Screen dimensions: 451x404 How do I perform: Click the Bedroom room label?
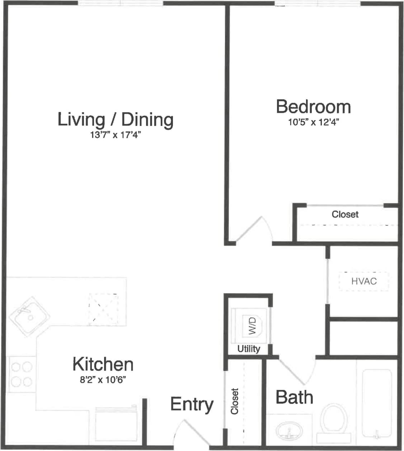(x=313, y=107)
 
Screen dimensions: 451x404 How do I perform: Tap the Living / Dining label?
(x=116, y=119)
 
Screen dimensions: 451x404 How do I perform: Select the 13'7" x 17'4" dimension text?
(x=114, y=135)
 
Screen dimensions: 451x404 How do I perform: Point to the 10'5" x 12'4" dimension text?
(x=314, y=122)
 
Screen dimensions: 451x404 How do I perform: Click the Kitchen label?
(x=103, y=364)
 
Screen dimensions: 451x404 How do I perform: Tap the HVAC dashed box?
(x=364, y=281)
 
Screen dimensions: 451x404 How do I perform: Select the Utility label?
(x=249, y=349)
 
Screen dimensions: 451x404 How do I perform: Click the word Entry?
(x=192, y=404)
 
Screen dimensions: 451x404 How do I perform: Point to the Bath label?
(x=294, y=398)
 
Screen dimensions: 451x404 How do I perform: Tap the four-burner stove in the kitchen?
(x=22, y=374)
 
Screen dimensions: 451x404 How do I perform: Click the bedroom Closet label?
(x=345, y=214)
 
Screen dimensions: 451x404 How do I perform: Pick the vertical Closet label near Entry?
(x=235, y=401)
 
